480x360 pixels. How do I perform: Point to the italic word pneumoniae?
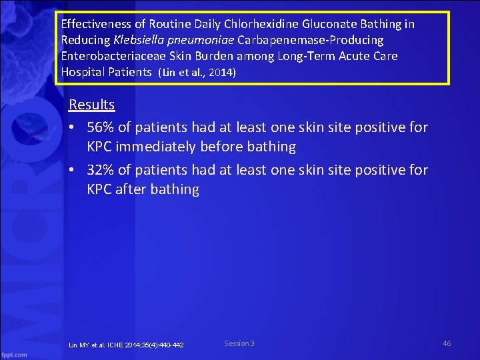[201, 40]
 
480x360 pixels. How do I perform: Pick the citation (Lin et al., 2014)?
[196, 72]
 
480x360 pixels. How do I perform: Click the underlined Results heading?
[92, 105]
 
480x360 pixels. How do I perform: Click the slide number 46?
[447, 343]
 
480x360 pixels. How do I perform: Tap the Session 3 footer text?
[239, 343]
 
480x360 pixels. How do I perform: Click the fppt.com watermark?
[14, 353]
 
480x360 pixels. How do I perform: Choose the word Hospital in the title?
[84, 72]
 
